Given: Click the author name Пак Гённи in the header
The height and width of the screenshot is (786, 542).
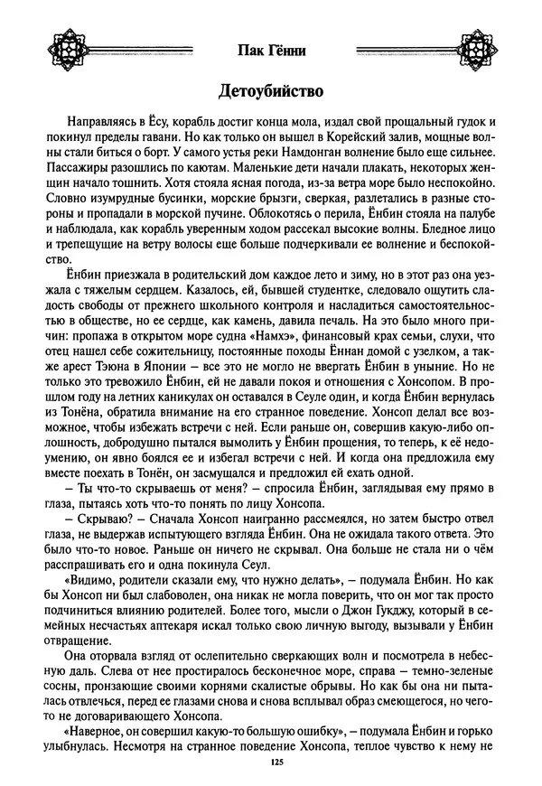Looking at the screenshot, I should coord(270,51).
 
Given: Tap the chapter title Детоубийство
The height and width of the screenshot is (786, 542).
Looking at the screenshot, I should coord(270,92).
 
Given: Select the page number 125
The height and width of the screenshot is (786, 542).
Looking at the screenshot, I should coord(271,764).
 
